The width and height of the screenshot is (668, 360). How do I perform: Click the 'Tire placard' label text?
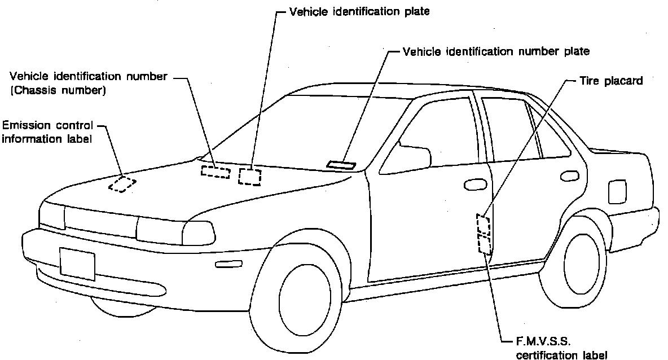click(611, 81)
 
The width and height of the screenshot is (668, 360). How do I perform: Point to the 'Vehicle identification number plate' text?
click(496, 51)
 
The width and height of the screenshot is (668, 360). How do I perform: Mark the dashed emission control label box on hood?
click(122, 184)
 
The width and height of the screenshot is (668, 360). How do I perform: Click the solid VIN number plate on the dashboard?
click(341, 165)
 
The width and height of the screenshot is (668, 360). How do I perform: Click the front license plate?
click(77, 264)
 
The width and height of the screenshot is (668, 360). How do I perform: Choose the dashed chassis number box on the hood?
click(216, 172)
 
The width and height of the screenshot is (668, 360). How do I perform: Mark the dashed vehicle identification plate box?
click(250, 176)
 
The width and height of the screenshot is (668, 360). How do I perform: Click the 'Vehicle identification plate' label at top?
click(359, 11)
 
